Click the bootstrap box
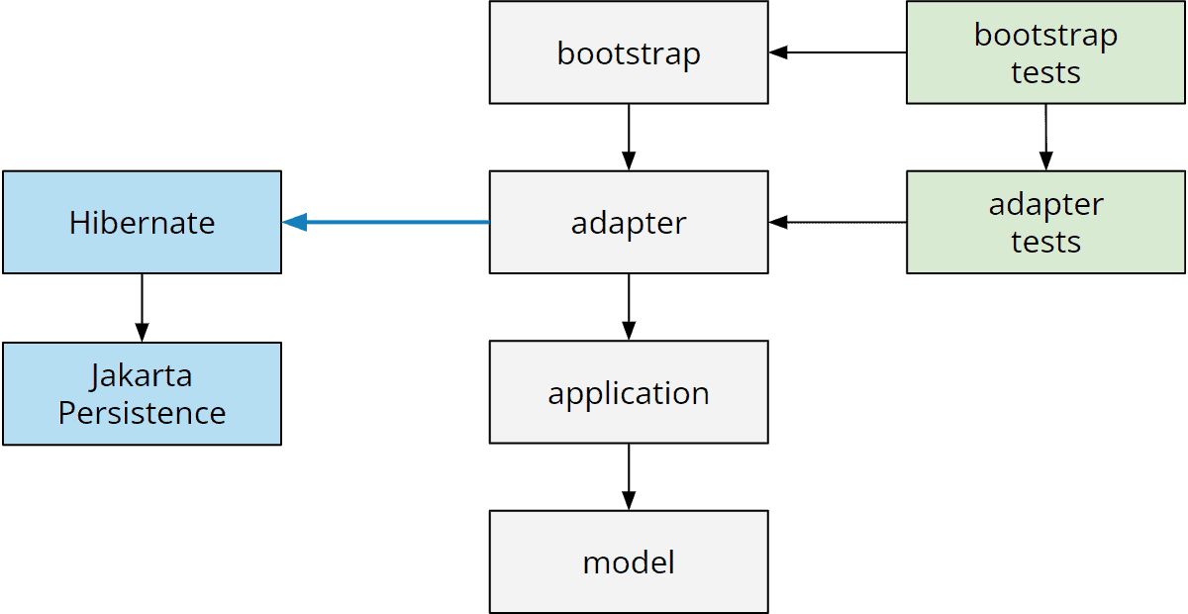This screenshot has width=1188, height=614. pos(629,52)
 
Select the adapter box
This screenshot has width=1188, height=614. pos(629,223)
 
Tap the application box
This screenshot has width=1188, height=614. pos(629,393)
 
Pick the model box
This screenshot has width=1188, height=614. pos(629,563)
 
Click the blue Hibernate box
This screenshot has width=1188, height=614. pos(142,223)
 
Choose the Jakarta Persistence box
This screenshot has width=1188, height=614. pos(142,393)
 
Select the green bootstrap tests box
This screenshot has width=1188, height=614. pos(1045,52)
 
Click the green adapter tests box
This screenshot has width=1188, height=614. pos(1045,223)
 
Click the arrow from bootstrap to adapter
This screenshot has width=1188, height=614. pos(629,137)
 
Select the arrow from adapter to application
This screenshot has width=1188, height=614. pos(629,307)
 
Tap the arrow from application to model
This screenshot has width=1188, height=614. pos(629,476)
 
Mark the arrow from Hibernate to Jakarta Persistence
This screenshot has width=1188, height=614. pos(142,307)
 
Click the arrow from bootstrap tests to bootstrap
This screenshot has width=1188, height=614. pos(838,52)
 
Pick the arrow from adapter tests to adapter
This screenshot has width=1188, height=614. pos(838,223)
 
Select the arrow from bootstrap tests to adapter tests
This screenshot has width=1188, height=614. pos(1045,137)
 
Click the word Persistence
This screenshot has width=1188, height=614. pos(142,412)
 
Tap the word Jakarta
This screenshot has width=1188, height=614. pos(142,376)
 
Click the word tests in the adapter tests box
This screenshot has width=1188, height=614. pos(1045,242)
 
